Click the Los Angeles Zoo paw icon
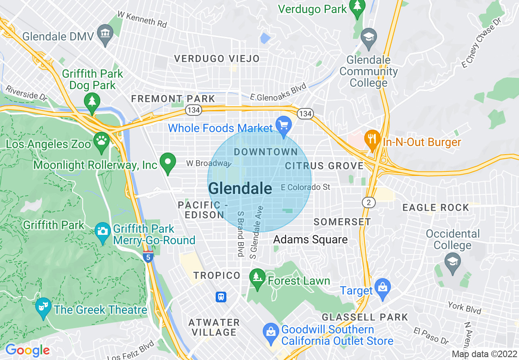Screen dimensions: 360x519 (x=101, y=140)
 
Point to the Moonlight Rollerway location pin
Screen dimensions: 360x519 (x=167, y=162)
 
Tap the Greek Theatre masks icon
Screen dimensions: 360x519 (x=43, y=306)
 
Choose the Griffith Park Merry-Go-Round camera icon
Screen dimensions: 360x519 (x=102, y=231)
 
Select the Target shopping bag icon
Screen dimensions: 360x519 (x=383, y=287)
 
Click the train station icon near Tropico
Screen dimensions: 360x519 (x=221, y=297)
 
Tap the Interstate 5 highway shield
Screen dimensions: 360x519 (x=148, y=256)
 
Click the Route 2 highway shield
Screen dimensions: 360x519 (x=369, y=202)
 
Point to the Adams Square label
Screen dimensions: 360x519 (x=310, y=239)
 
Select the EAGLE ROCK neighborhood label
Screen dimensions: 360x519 (x=436, y=208)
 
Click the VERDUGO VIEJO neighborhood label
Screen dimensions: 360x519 (x=217, y=59)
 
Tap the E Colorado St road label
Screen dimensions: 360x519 (x=305, y=187)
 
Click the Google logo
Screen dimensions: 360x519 (x=27, y=350)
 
